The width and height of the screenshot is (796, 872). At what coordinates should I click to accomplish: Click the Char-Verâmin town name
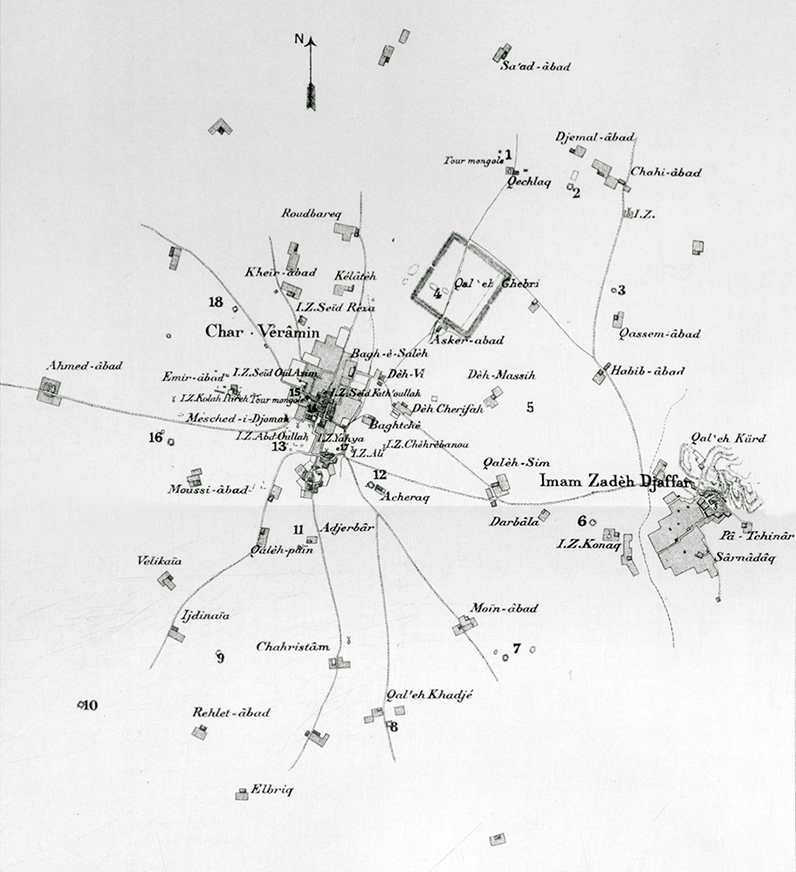[x=252, y=331]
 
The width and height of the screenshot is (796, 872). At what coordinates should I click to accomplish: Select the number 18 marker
[x=216, y=303]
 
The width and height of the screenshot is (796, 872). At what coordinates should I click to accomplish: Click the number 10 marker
[x=90, y=705]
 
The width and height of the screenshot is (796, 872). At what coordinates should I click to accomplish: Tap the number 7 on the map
[x=517, y=648]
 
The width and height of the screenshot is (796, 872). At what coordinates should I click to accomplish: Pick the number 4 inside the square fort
[x=437, y=294]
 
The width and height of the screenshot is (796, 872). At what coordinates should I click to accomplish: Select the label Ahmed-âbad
[x=86, y=365]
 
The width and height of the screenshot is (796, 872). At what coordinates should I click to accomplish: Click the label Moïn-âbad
[x=504, y=608]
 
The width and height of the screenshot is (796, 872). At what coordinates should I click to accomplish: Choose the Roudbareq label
[x=313, y=213]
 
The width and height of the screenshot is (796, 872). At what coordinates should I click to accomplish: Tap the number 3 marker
[x=621, y=290]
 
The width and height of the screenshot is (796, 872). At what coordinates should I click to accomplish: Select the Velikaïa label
[x=159, y=562]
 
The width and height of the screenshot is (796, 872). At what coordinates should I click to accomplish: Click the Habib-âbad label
[x=647, y=371]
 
